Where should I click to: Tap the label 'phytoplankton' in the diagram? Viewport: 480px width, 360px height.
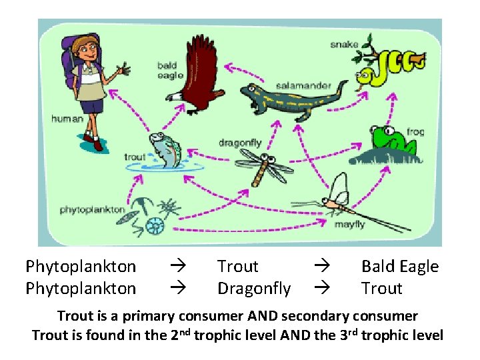[93, 209]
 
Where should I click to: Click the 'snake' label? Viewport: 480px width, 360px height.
[344, 45]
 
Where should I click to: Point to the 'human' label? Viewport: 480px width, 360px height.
[67, 119]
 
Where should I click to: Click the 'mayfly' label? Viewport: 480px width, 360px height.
[349, 225]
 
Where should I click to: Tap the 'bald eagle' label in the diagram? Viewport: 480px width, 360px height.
[166, 71]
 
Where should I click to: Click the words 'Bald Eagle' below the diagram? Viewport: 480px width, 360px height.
[400, 267]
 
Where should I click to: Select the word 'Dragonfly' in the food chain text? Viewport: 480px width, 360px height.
[254, 289]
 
